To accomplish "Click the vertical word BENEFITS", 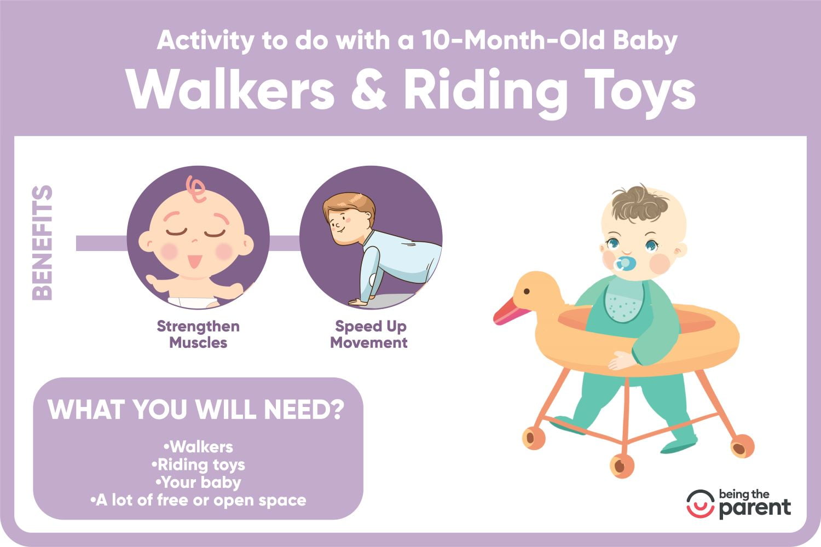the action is [x=42, y=243].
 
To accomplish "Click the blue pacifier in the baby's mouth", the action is [x=623, y=264].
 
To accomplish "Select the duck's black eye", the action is [x=527, y=291].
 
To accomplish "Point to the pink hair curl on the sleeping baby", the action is [x=195, y=188].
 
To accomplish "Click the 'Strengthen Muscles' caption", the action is [x=198, y=334].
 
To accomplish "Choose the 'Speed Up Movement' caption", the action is [x=369, y=334].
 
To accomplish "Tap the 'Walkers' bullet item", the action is [x=198, y=446].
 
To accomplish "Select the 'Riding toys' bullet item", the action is [x=198, y=465].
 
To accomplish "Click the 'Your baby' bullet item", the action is [x=198, y=482].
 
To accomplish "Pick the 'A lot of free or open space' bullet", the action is [x=198, y=500].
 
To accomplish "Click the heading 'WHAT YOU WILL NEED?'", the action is [x=196, y=409].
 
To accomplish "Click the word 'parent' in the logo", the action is [x=755, y=508].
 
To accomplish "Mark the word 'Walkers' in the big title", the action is [x=230, y=90].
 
